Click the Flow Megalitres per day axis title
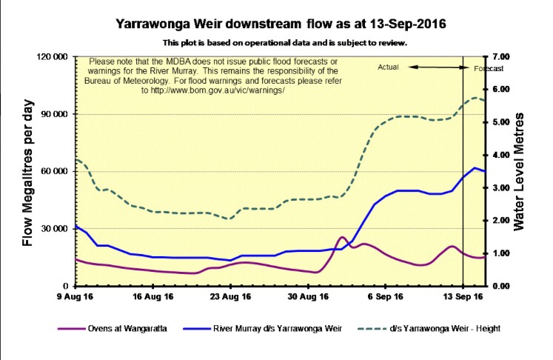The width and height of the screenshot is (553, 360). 28,171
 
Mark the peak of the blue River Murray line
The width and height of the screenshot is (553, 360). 475,168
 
